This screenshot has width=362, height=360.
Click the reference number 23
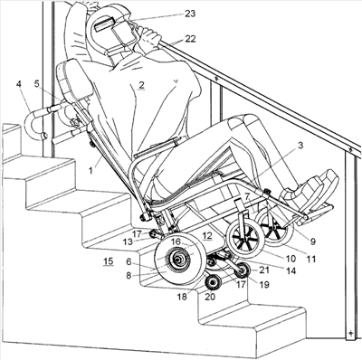190,14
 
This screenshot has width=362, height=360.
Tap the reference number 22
190,39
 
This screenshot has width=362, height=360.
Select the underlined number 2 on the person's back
141,85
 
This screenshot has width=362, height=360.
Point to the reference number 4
19,84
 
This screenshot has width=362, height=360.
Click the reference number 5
36,84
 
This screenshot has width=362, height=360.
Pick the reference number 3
300,146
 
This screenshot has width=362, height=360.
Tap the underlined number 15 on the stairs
109,261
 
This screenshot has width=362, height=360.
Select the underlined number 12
207,236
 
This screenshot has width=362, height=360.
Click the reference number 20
210,297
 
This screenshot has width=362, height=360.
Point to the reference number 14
291,270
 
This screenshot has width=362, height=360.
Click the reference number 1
90,170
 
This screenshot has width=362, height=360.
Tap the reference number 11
311,259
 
